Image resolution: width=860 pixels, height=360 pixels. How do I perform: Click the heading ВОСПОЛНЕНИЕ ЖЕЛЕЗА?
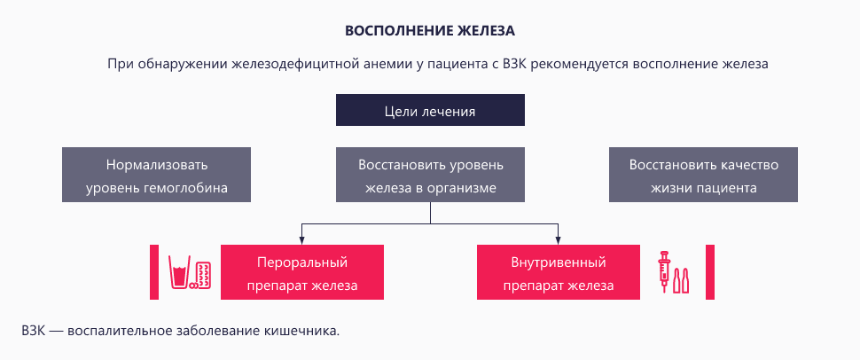point(430,30)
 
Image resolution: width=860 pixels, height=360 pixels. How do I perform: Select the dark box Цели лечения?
point(430,111)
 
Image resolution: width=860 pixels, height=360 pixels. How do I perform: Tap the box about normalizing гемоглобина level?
point(156,176)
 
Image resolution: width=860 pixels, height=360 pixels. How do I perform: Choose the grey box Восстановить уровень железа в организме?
point(430,176)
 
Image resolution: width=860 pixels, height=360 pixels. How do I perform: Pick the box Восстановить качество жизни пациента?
point(703,176)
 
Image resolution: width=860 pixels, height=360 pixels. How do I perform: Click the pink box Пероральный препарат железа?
point(301,274)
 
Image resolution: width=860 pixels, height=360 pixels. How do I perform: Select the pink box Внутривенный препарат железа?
point(558,274)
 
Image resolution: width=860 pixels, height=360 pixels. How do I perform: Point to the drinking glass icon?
point(181,275)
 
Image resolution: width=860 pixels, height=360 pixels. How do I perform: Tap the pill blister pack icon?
point(203,275)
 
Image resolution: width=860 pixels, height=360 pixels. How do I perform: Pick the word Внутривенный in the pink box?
point(558,262)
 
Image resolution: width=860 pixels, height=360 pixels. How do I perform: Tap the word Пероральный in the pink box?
point(301,262)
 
